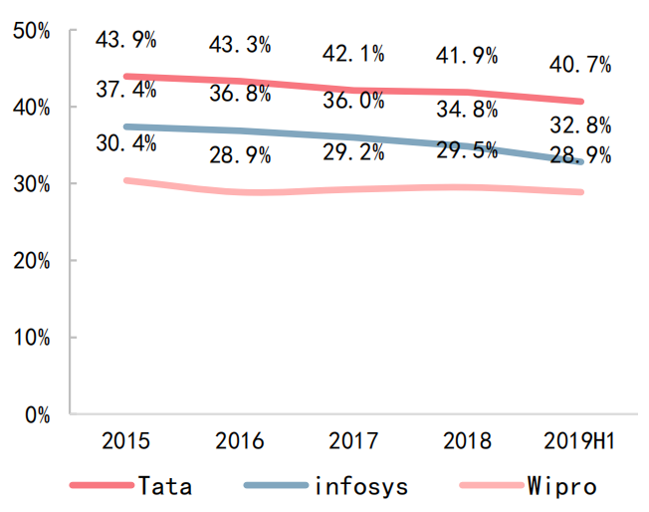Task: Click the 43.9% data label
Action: coord(126,40)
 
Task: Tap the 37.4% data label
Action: coord(126,90)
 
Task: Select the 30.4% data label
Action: coord(126,143)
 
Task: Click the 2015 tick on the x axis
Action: coord(126,440)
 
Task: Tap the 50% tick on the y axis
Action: coord(33,31)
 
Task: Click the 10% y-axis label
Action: coord(33,338)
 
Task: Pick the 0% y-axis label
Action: coord(39,414)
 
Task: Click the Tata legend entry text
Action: coord(165,486)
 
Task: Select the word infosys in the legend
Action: coord(360,486)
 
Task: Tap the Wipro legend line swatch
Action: coord(491,486)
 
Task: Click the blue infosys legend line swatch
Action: coord(275,486)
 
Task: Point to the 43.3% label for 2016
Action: coord(240,46)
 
